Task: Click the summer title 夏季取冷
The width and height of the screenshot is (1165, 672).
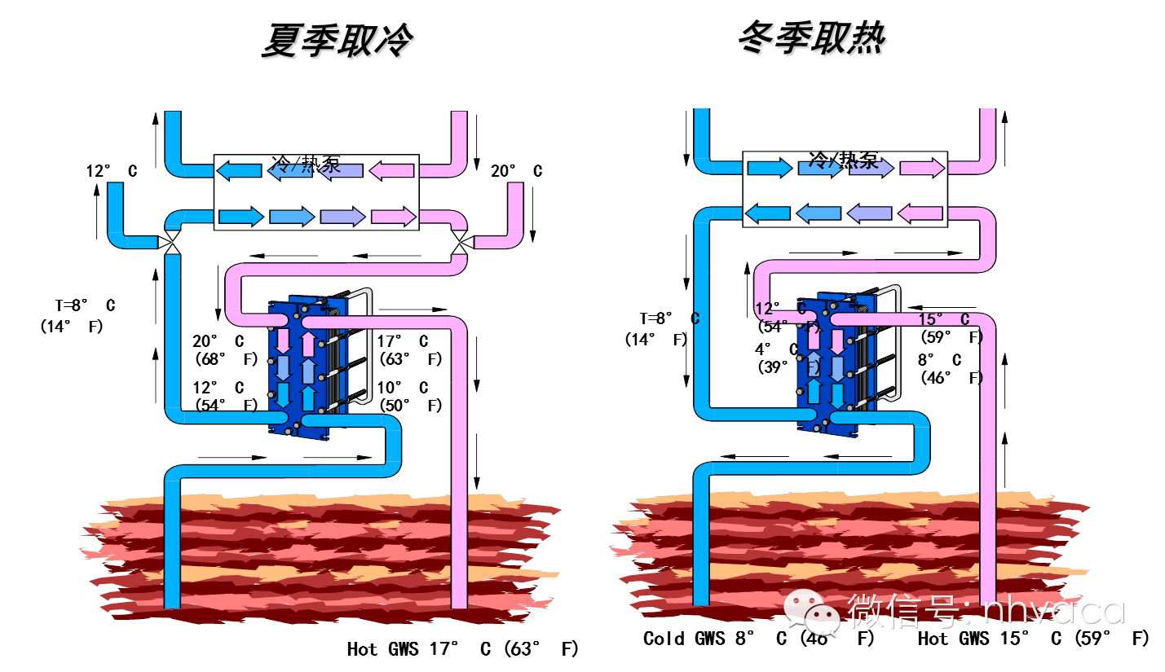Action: pyautogui.click(x=337, y=41)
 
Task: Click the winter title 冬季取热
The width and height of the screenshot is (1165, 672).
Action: pyautogui.click(x=812, y=38)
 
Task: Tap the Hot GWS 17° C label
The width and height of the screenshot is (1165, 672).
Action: pyautogui.click(x=462, y=649)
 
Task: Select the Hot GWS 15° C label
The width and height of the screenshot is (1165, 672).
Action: pyautogui.click(x=1033, y=639)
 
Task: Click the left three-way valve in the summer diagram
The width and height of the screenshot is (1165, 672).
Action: pyautogui.click(x=171, y=241)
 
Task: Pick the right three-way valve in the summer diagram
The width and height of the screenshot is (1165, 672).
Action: pyautogui.click(x=461, y=241)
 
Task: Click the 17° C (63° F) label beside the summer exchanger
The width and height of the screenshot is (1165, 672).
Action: pyautogui.click(x=410, y=350)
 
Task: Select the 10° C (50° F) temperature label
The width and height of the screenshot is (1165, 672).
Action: pyautogui.click(x=410, y=397)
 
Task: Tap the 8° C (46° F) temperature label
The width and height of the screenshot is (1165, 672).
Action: pyautogui.click(x=951, y=368)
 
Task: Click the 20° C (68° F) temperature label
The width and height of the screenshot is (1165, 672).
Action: pyautogui.click(x=224, y=350)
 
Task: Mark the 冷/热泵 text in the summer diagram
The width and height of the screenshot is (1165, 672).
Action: pyautogui.click(x=306, y=163)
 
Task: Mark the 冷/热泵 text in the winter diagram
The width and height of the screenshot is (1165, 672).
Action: pyautogui.click(x=844, y=158)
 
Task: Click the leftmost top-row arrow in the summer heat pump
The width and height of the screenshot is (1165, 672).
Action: pyautogui.click(x=239, y=171)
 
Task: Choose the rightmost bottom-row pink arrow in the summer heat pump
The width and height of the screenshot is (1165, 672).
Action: pyautogui.click(x=394, y=217)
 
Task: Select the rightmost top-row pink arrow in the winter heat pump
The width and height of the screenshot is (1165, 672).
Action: pyautogui.click(x=922, y=169)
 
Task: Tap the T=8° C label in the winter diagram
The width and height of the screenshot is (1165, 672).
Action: pyautogui.click(x=669, y=318)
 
